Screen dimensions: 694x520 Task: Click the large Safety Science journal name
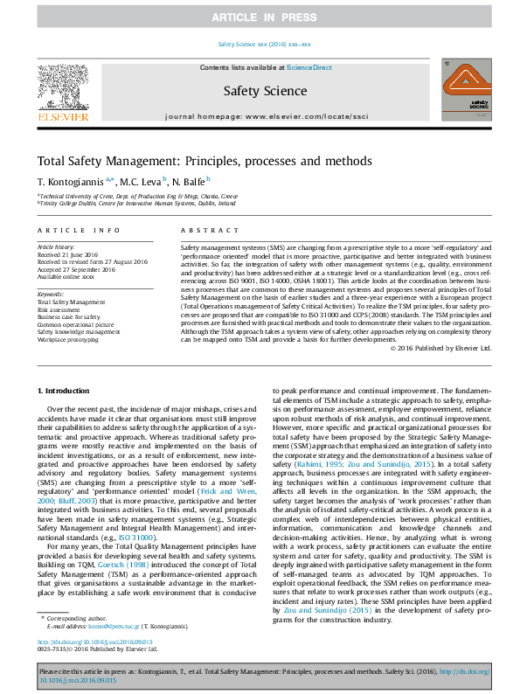[259, 89]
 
